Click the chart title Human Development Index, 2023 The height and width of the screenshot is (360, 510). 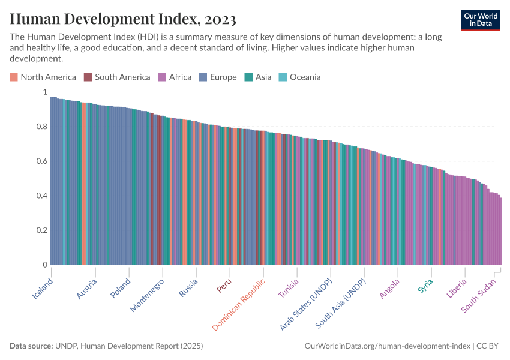(123, 19)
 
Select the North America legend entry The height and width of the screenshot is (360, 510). (43, 77)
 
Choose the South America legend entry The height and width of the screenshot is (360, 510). (118, 77)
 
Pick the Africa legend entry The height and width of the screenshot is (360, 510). (175, 77)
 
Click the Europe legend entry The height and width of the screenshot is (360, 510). (218, 77)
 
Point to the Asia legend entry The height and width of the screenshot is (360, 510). (258, 77)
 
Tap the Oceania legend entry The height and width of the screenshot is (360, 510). (300, 77)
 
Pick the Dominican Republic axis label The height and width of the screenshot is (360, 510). (239, 305)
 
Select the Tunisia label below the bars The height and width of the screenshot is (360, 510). (288, 289)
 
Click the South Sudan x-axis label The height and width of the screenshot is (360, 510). (482, 296)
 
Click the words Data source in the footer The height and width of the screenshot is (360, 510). (31, 346)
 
